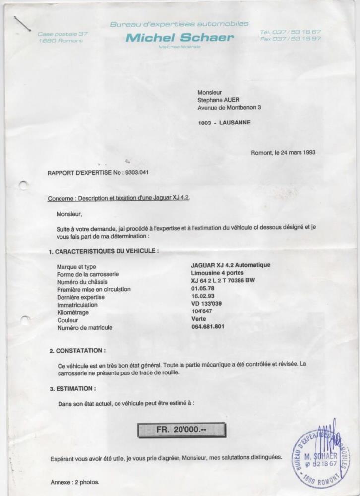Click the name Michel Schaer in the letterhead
pos(179,38)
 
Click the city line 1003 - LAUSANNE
pos(224,122)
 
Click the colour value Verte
pos(199,319)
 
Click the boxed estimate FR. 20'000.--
pos(181,430)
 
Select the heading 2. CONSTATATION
pos(77,351)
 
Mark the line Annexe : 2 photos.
pos(75,482)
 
